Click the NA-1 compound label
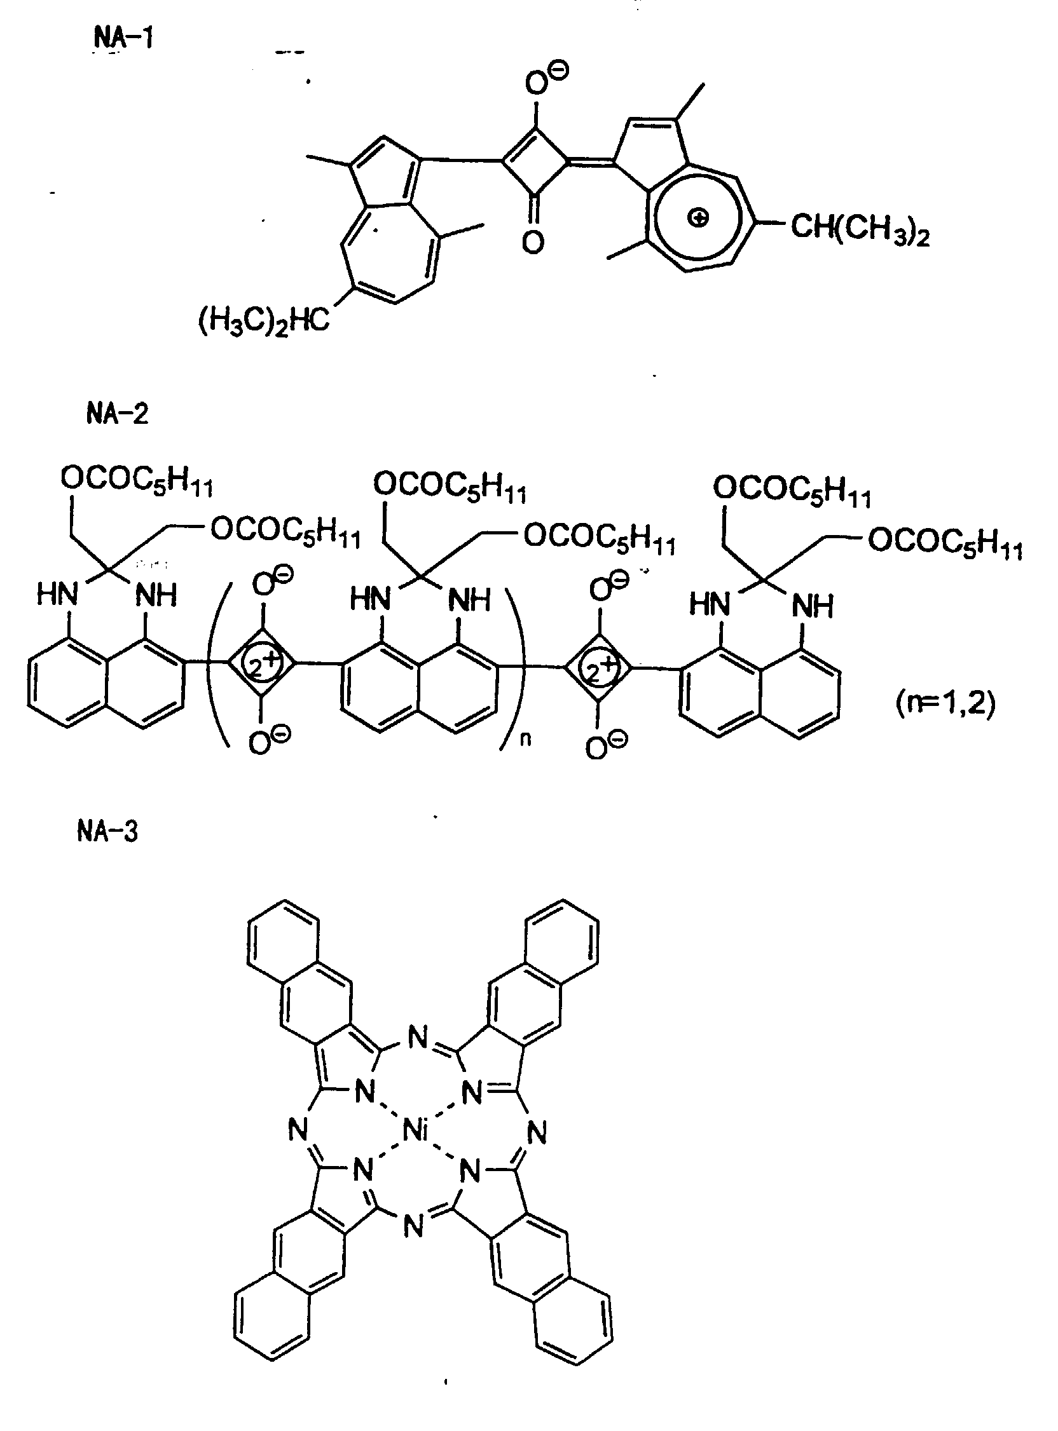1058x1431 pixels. click(x=123, y=39)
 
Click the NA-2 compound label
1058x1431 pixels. click(x=117, y=414)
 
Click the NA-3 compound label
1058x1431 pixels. click(x=107, y=832)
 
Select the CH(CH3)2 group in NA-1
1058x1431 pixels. click(x=860, y=229)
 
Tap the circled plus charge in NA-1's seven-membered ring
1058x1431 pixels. click(x=698, y=218)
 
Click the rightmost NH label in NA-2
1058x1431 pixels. click(x=813, y=604)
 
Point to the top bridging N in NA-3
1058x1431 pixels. click(x=417, y=1039)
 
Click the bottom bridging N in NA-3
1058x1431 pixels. click(x=415, y=1227)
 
